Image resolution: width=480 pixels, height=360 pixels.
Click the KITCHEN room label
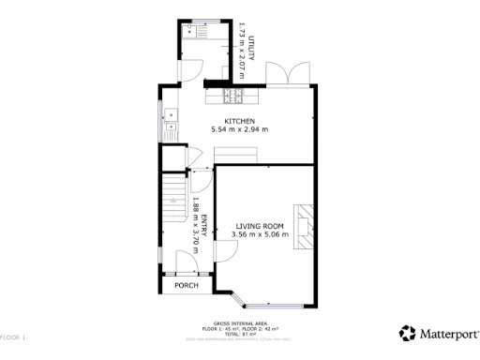tap(239, 119)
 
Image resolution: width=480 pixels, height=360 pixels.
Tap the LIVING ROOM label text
tap(260, 226)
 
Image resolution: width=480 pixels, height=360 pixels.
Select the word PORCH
tap(186, 285)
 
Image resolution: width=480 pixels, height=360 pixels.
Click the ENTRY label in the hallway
tap(203, 226)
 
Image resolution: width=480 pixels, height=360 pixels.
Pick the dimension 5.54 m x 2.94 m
tap(239, 128)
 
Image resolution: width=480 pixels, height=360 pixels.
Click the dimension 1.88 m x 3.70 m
tap(195, 225)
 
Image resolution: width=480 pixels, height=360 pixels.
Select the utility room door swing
tap(190, 68)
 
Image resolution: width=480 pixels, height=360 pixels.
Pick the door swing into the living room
tap(225, 249)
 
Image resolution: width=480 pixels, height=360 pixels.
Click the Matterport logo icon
tap(408, 333)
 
